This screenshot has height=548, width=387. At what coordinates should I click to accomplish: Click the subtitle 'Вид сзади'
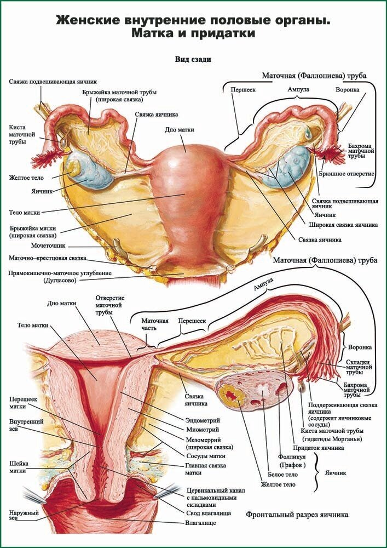[193, 59]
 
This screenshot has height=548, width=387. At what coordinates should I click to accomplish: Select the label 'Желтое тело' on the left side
[26, 178]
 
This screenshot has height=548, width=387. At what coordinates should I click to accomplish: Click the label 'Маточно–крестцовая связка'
[48, 258]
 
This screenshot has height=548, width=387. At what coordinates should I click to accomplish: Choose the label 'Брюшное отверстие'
[346, 173]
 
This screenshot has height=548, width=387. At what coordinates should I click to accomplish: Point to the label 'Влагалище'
[200, 523]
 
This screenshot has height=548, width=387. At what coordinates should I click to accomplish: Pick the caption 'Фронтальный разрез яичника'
[297, 515]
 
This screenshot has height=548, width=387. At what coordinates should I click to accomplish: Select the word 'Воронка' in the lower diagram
[360, 347]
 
